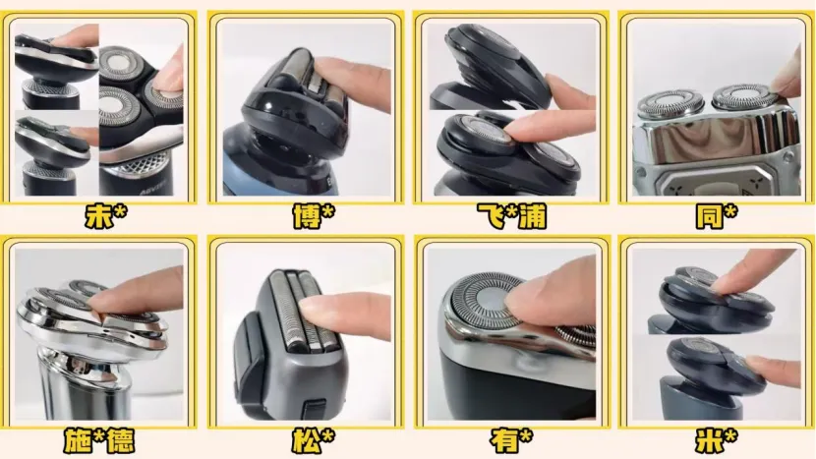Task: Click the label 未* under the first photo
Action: coord(106,216)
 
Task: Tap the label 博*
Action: coord(314,216)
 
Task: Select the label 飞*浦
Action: coord(512,216)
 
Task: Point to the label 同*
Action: coord(717,216)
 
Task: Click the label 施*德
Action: coord(99,441)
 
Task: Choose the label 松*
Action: coord(314,441)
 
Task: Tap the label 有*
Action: coord(511,441)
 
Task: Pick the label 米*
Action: coord(717,441)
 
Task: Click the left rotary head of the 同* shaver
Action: coord(670,103)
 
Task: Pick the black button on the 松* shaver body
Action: coord(314,409)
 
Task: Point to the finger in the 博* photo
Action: coord(354,84)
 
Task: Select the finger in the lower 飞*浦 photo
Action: coord(551,128)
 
